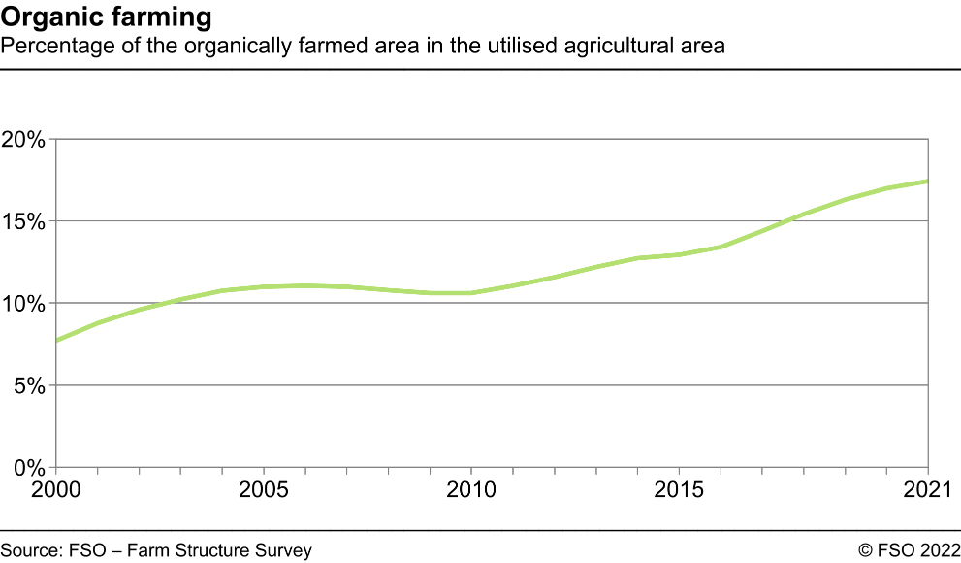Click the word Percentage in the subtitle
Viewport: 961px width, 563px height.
[x=46, y=46]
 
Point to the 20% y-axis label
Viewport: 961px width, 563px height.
[x=24, y=139]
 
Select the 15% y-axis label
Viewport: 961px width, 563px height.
[x=24, y=221]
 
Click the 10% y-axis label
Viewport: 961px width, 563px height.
[x=24, y=304]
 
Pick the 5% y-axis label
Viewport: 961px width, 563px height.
[x=29, y=385]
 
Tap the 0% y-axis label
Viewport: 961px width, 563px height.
[x=29, y=468]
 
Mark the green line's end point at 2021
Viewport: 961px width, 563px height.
[x=928, y=182]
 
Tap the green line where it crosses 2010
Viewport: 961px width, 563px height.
[x=471, y=293]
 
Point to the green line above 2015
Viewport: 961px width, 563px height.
[x=679, y=255]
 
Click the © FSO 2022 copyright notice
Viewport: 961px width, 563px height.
[x=908, y=550]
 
